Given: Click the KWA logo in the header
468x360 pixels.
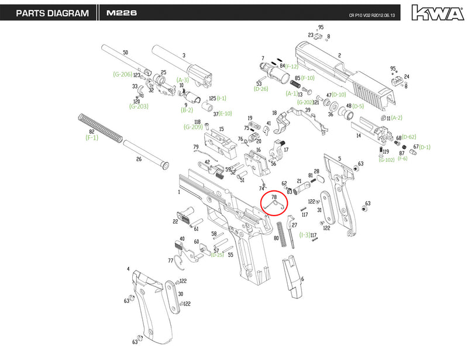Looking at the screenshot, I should coord(433,12).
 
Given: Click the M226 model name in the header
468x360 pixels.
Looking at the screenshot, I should coord(122,13).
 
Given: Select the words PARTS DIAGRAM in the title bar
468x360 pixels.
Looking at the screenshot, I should coord(52,13).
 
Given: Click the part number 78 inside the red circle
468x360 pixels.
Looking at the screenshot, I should coord(274,198).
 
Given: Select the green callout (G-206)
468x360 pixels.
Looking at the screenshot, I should coord(122,74).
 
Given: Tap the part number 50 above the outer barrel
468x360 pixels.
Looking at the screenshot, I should coord(125,53).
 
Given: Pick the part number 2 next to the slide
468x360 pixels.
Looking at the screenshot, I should coord(339,56).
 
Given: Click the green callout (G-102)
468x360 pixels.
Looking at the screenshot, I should coord(386,160).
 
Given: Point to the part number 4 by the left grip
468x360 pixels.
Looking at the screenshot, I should coord(128,269).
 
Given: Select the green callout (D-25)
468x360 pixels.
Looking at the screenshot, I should coord(218,255).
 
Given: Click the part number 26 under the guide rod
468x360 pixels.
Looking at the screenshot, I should coord(139,159).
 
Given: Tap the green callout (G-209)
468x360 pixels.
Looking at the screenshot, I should coord(192,127).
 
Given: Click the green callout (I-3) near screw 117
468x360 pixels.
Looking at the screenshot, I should coord(304,235).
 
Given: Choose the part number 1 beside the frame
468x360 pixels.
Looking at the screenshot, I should coord(178,192).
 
